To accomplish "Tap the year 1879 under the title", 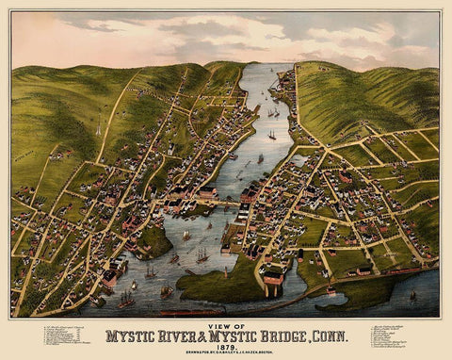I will (x=226, y=345).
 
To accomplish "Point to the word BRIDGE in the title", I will (x=286, y=334).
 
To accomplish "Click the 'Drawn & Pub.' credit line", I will (x=226, y=352).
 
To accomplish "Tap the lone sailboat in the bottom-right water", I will (x=412, y=295).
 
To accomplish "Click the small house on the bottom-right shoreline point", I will (x=331, y=292).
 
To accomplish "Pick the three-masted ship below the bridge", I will (x=202, y=254).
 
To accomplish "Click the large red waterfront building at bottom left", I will (x=110, y=277).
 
